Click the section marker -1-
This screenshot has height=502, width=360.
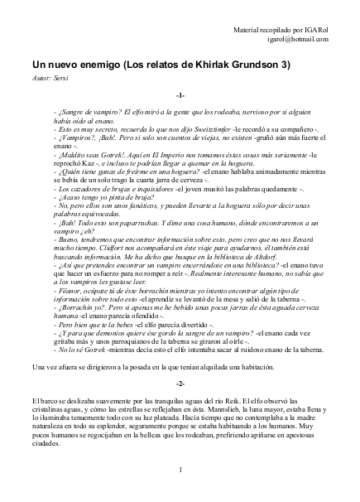180,97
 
